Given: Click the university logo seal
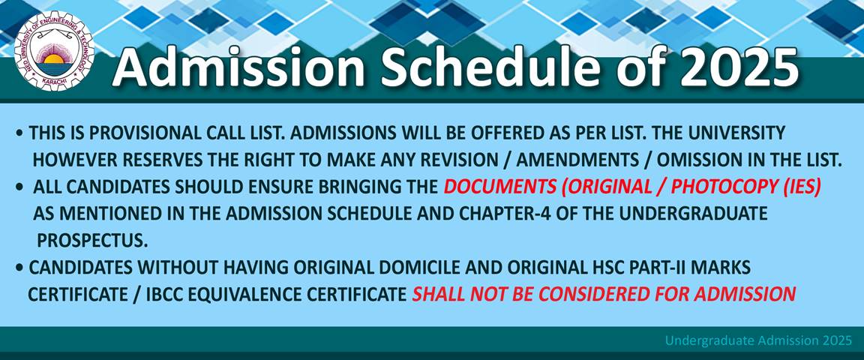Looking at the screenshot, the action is point(54,51).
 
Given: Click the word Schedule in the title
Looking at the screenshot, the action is point(496,67).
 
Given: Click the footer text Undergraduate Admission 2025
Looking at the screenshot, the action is point(758,340).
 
